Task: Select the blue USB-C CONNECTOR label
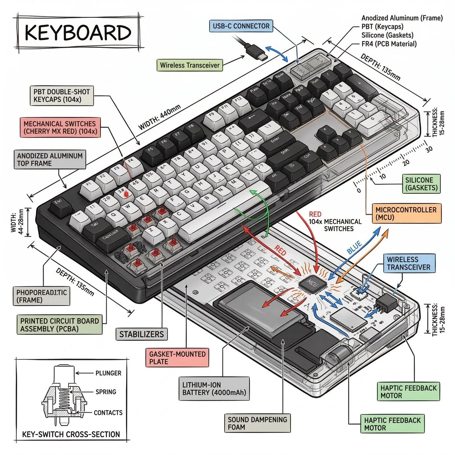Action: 241,26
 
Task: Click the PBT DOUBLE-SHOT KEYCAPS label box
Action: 61,96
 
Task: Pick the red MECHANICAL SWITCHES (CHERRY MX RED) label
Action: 60,128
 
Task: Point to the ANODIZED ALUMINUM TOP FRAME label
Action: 50,160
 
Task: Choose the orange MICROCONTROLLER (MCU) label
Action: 406,213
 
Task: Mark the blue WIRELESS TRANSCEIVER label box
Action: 408,264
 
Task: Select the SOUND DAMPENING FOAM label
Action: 257,424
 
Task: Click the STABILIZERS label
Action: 141,334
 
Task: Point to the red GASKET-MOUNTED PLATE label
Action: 177,358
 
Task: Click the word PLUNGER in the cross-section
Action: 108,373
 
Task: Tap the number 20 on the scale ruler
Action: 406,163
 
